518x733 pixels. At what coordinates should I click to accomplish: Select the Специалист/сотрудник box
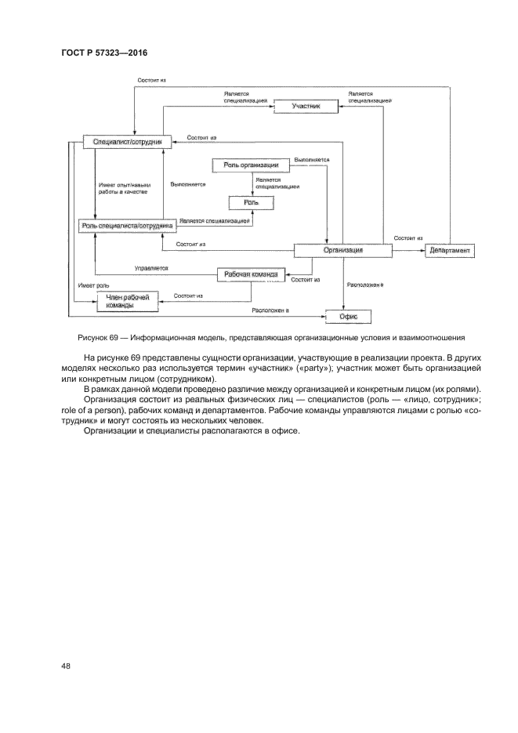point(127,142)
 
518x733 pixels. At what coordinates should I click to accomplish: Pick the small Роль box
point(251,202)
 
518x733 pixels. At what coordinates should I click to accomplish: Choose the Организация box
point(343,251)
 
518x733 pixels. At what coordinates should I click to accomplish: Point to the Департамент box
point(450,251)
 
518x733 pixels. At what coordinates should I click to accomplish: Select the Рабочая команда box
point(249,274)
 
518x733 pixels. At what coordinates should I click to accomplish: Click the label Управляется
point(150,268)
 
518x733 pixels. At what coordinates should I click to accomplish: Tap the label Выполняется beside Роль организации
point(311,159)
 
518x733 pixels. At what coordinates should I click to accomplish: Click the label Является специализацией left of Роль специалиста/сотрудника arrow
point(214,221)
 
